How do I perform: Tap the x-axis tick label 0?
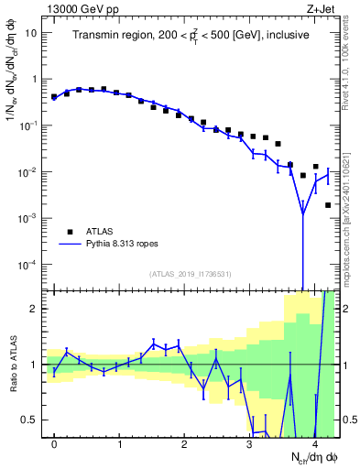coord(54,444)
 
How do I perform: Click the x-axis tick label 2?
coord(184,444)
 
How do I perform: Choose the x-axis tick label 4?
coord(314,444)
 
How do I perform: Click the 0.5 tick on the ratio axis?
coord(31,420)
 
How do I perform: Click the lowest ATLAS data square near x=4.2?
coord(327,205)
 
